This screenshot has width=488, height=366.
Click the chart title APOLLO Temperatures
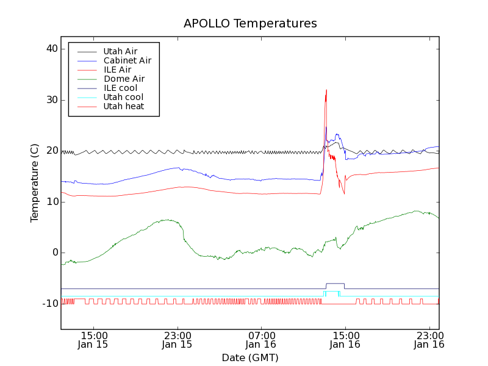250,24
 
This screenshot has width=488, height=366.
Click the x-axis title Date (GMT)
249,357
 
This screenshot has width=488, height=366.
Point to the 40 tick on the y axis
51,49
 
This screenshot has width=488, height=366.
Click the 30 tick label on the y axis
51,100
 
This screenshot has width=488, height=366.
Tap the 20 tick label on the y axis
51,151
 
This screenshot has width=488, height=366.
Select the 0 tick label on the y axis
54,253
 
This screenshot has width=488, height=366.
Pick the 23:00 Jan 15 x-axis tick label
177,340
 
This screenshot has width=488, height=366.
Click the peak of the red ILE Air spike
326,90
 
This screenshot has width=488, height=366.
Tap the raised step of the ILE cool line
335,284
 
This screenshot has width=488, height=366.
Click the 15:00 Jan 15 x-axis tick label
93,340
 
